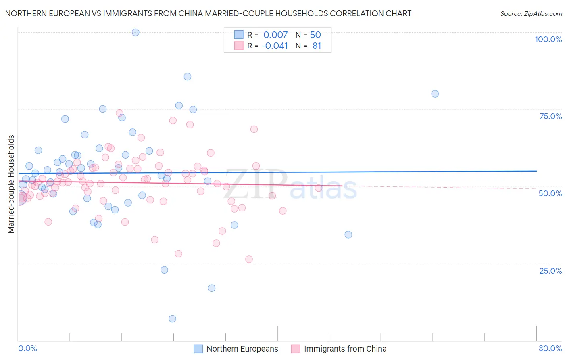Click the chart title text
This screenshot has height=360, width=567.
(x=208, y=13)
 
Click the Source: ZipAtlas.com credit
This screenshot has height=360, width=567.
(x=531, y=13)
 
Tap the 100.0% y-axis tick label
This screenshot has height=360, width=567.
(x=548, y=39)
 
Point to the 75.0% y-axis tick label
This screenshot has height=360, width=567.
(x=550, y=116)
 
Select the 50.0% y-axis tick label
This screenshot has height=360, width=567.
(x=550, y=193)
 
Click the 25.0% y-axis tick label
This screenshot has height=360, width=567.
(x=550, y=270)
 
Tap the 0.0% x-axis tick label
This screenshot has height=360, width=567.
(x=28, y=348)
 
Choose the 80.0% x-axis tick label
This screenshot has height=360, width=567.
(x=550, y=348)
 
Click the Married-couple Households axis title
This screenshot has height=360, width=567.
(x=11, y=184)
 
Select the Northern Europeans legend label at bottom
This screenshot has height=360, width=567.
(x=242, y=349)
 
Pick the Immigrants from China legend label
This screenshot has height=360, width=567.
(x=345, y=349)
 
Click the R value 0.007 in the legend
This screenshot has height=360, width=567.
(x=275, y=35)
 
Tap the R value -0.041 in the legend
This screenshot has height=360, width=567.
(x=275, y=46)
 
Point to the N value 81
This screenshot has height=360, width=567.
(x=317, y=46)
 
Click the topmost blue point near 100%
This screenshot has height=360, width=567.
(x=135, y=32)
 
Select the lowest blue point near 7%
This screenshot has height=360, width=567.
(x=172, y=319)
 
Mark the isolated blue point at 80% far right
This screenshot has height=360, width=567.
(x=435, y=94)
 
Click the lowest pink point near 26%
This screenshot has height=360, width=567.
(x=249, y=259)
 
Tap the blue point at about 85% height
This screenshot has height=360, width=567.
(x=188, y=77)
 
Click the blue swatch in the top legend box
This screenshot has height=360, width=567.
(x=239, y=35)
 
